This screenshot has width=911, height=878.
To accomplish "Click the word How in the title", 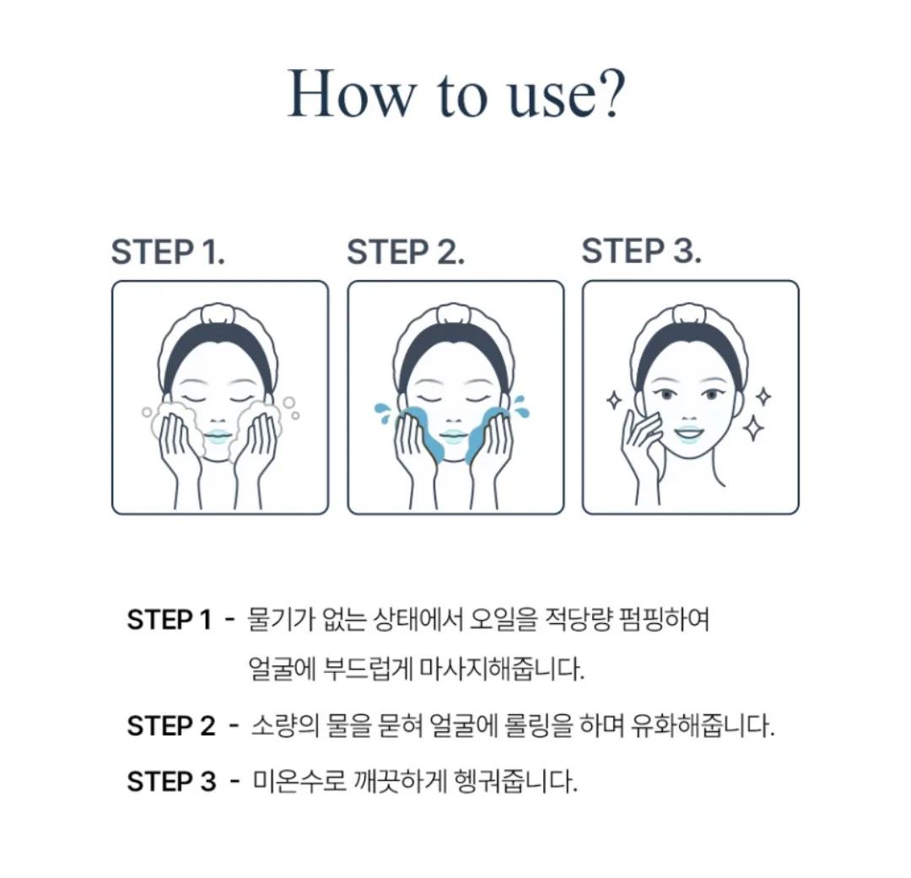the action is tap(352, 93).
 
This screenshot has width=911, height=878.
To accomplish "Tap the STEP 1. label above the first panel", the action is tap(168, 252).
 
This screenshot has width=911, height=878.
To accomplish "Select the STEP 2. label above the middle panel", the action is tap(406, 252).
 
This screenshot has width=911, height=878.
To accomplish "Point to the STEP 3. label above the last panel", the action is tap(641, 251).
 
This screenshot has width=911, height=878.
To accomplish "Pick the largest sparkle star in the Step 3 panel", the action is tap(753, 428).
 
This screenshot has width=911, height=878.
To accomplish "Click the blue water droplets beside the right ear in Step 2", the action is tap(520, 407).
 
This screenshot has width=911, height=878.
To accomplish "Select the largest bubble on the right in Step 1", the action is tap(288, 402).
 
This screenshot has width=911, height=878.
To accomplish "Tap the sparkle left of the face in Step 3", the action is tap(614, 400).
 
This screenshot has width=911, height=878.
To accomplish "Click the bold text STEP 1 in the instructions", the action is tap(169, 620).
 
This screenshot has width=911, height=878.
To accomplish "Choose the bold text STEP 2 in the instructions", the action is tap(170, 726).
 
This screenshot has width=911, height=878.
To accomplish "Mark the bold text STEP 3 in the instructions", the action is tap(171, 782).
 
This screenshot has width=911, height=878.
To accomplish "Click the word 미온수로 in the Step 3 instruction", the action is tap(299, 782).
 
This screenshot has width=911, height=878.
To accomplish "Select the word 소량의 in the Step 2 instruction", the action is tap(285, 726).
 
